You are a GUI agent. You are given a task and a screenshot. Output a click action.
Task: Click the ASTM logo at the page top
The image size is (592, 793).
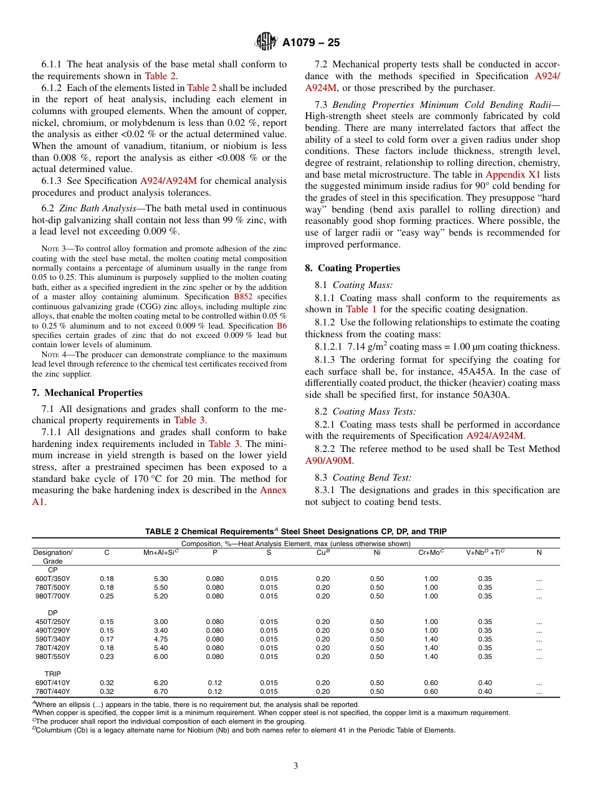(266, 42)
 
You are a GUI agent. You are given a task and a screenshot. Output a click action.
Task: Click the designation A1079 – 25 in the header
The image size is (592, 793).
(311, 43)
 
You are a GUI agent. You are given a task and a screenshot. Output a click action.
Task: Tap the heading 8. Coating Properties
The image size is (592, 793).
(353, 268)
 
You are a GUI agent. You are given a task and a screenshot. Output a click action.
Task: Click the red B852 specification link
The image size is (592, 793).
(243, 297)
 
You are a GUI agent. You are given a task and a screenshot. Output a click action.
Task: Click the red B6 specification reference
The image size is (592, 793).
(282, 326)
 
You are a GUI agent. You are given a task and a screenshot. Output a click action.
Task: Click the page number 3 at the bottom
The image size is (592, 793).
(296, 766)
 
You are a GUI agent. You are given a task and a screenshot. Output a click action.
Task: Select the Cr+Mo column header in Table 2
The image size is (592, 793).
(431, 552)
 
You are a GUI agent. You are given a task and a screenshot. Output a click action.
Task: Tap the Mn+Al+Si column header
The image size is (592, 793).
(161, 552)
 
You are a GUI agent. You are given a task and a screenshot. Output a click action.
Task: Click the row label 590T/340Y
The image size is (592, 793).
(52, 639)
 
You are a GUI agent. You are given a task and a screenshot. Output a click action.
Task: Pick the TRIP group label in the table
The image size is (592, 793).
(52, 674)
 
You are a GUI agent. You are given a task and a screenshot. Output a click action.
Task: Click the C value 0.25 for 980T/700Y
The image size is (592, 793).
(107, 596)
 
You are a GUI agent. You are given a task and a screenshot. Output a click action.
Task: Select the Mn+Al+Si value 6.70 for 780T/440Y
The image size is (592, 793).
(161, 691)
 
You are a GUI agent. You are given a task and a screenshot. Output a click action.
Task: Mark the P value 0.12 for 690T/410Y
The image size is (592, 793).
(214, 683)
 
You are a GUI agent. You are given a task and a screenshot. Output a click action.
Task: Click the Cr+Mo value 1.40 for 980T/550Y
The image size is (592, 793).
(431, 656)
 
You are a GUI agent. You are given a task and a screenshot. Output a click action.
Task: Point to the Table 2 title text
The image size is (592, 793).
(295, 532)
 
